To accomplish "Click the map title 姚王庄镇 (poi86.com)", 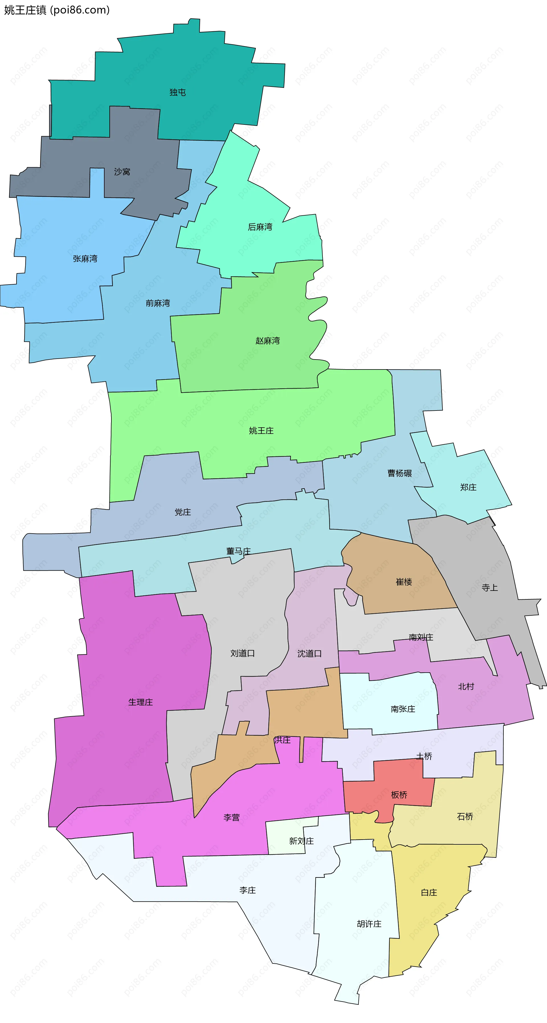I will coord(57,10).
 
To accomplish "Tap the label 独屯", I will coord(177,92).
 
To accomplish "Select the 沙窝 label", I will coord(122,171).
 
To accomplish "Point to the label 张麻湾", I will coord(85,259).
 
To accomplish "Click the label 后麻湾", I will coord(260,227).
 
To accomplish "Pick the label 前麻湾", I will coord(158,303).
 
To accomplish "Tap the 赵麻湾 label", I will coord(268,340).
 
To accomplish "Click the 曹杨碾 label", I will coord(400,473).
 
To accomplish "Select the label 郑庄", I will coord(468,487).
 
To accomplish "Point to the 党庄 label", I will coord(183,512).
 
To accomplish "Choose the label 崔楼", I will coord(404,582).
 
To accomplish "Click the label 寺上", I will coord(489,587).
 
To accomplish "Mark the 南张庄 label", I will coord(403,709).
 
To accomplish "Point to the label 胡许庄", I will coord(369,923).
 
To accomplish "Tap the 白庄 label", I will coord(429,892).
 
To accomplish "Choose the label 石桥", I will coord(465,816).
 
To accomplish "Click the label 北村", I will coord(466,686).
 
